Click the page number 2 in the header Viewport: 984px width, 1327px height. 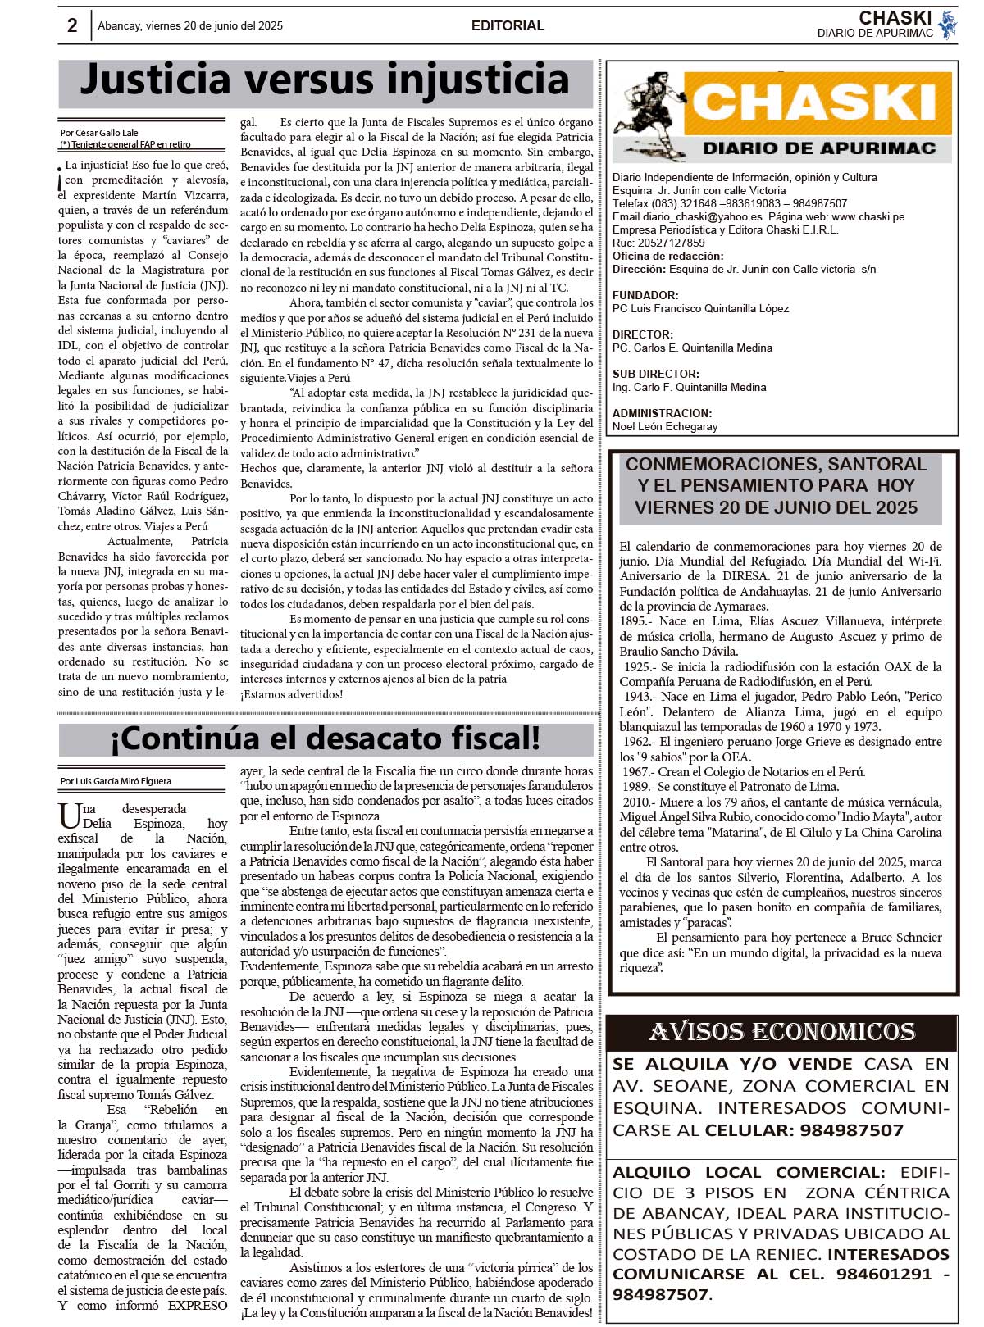pos(72,25)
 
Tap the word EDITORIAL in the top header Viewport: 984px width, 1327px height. pos(508,26)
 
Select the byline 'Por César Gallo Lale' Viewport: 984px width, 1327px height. pos(99,133)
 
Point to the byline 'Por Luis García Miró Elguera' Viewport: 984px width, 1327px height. pos(116,781)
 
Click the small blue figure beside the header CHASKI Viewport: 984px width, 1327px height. pos(948,25)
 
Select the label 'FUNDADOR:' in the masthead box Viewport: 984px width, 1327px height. pos(645,295)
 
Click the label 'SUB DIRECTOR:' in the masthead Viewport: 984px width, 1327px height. pos(656,374)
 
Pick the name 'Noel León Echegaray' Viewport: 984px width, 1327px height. pos(665,426)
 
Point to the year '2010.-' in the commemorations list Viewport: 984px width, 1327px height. pos(637,802)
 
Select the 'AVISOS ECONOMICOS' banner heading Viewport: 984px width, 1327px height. pos(781,1032)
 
